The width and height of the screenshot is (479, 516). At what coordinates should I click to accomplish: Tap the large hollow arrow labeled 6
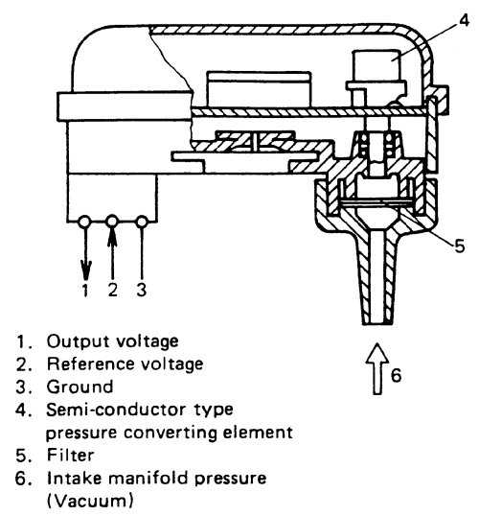pos(379,369)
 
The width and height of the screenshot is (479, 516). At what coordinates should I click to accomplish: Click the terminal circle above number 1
pos(85,222)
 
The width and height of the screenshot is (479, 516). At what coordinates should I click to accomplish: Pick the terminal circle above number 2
pos(113,222)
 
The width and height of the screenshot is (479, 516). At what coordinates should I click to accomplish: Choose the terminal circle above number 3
pos(143,222)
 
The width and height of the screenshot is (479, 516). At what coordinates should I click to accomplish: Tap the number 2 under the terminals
pos(113,289)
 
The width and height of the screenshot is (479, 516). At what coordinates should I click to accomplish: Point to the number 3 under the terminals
pos(143,289)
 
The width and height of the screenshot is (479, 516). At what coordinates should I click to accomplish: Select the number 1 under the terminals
pos(85,289)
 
